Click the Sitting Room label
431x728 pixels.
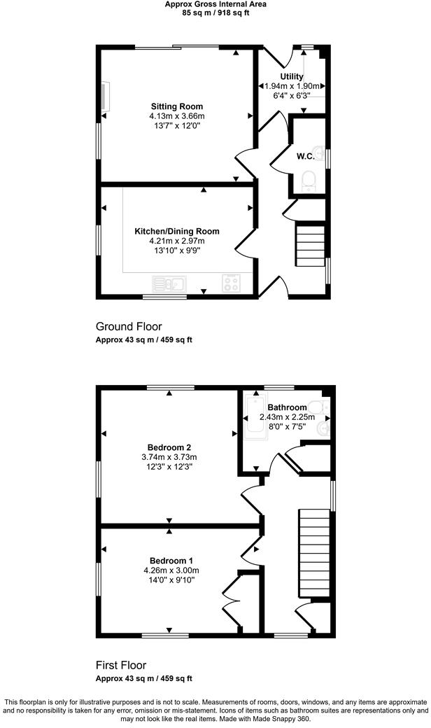click(x=176, y=106)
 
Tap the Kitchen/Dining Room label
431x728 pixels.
click(x=176, y=231)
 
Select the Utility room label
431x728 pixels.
click(x=292, y=76)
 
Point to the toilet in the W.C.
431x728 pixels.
click(x=309, y=183)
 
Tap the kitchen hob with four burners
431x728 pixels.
click(x=231, y=283)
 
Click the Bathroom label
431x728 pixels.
click(x=287, y=407)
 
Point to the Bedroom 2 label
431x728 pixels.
click(x=169, y=447)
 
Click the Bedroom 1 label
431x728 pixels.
click(x=171, y=561)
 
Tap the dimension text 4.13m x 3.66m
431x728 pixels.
click(x=176, y=115)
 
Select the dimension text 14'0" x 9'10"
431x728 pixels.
click(x=171, y=580)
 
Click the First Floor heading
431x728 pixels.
click(x=121, y=665)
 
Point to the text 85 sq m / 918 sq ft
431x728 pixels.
click(x=215, y=13)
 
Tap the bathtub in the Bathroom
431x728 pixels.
click(x=250, y=426)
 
